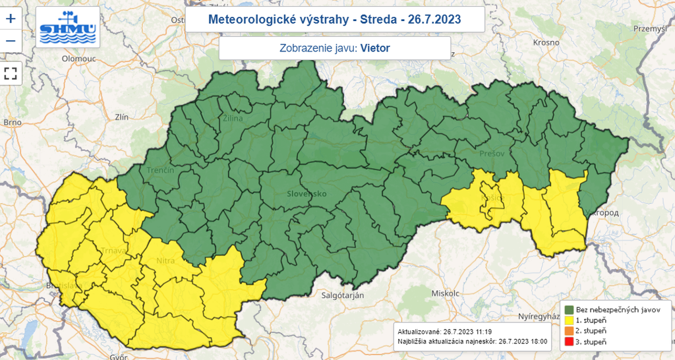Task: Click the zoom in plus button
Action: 10,19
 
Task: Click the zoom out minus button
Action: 10,42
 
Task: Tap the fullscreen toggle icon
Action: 10,73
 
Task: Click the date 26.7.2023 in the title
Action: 435,19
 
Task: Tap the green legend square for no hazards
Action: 570,309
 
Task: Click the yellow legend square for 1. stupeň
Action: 570,320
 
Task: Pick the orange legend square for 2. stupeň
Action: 570,330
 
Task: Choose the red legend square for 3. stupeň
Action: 570,342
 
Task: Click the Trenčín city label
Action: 160,170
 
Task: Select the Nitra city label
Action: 165,262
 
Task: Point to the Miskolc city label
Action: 444,292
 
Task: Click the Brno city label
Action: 13,122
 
